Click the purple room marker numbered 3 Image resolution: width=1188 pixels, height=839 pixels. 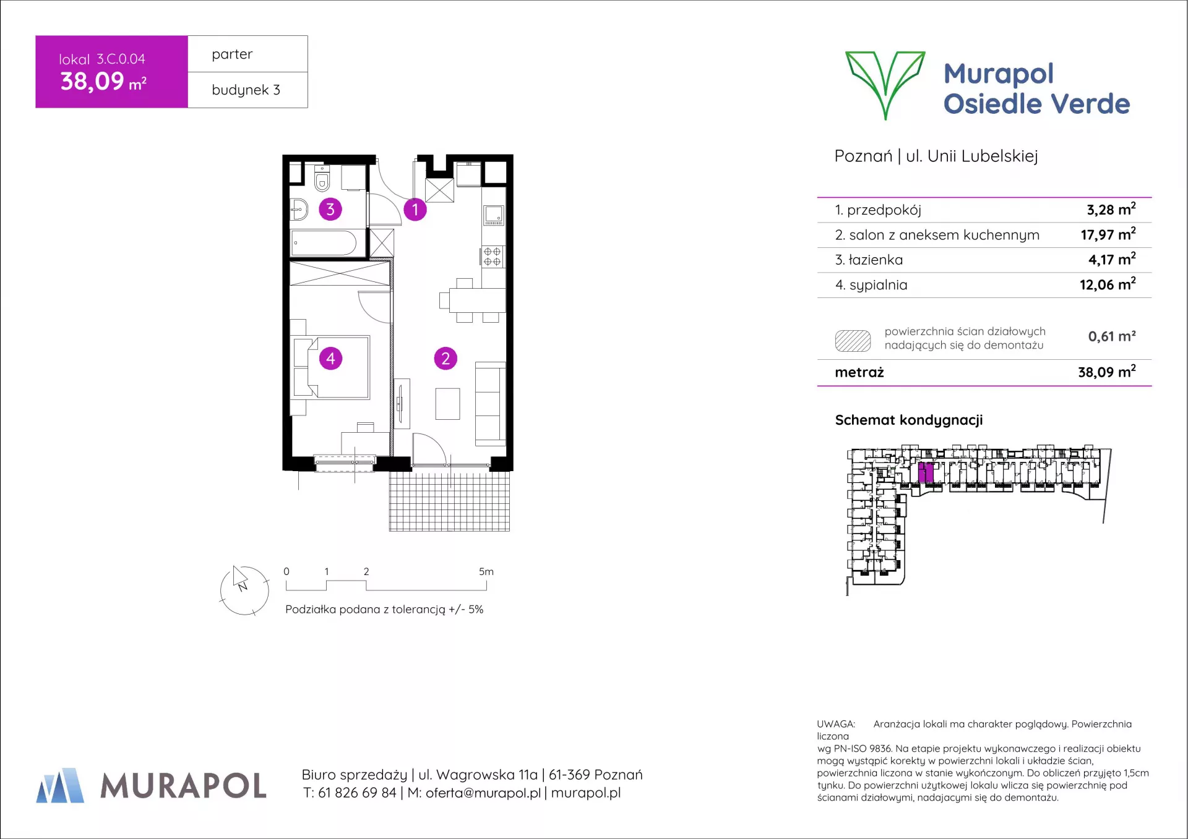[x=330, y=210]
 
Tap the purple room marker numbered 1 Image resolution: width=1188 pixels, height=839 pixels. [x=415, y=210]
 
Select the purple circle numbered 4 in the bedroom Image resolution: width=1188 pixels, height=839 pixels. [x=330, y=359]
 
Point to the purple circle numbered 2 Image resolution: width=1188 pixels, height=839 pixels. [x=445, y=359]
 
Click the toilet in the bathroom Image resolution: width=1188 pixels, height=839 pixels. [x=322, y=178]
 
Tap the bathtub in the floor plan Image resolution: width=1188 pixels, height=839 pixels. [x=324, y=243]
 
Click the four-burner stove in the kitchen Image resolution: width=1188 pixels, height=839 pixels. [x=493, y=257]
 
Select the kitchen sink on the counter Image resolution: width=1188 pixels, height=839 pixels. [x=494, y=215]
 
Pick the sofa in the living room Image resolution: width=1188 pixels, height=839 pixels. [x=490, y=404]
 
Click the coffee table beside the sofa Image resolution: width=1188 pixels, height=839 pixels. [x=447, y=404]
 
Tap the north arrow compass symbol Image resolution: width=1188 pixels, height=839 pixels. [x=244, y=590]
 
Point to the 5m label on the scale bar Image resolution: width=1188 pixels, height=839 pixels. [x=486, y=572]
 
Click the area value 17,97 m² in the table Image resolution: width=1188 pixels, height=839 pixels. [x=1108, y=234]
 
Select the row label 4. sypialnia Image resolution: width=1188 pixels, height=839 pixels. [x=871, y=285]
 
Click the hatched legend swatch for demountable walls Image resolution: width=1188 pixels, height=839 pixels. [x=853, y=341]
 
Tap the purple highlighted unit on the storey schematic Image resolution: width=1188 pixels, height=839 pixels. [x=926, y=472]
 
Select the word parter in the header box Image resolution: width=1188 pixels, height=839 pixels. [x=232, y=54]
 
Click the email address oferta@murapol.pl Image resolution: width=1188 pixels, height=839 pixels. [x=483, y=793]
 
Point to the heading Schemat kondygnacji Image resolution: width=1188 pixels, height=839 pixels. [x=909, y=420]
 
